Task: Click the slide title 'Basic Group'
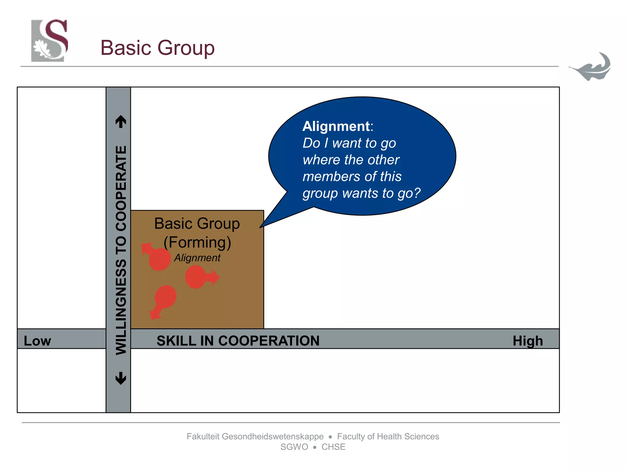click(x=157, y=48)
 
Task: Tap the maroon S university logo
click(x=50, y=40)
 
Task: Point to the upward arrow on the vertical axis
click(x=121, y=121)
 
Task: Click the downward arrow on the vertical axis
click(x=121, y=378)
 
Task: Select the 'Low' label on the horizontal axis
click(x=37, y=341)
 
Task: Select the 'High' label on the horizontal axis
click(x=528, y=341)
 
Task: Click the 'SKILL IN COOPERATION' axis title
click(x=238, y=341)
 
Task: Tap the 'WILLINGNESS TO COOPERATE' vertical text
click(x=121, y=250)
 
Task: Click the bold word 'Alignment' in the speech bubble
click(x=336, y=126)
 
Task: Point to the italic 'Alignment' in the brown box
click(x=197, y=258)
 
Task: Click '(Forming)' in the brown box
click(x=197, y=242)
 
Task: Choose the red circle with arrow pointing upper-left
click(x=159, y=259)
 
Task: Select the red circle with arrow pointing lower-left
click(x=165, y=297)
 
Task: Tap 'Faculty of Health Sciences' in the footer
click(x=388, y=436)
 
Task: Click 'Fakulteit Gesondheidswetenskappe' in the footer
click(x=255, y=436)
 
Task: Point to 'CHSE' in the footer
click(x=333, y=447)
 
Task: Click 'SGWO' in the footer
click(x=294, y=447)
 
